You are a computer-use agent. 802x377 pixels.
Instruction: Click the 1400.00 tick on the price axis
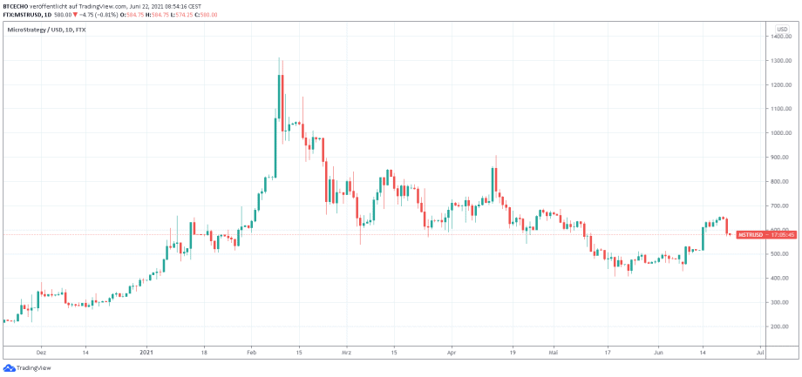(778, 37)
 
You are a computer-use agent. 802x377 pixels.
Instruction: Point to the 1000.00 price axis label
(778, 133)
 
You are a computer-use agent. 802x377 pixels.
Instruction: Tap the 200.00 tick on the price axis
(778, 326)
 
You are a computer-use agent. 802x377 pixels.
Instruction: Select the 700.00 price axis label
(778, 205)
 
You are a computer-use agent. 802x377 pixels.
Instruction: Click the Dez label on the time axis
(40, 354)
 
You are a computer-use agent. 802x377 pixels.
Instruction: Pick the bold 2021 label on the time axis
(146, 354)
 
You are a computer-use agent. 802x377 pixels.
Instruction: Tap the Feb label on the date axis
(251, 354)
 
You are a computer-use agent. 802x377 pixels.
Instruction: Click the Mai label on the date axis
(553, 354)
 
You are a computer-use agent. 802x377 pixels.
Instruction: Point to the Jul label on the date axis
(760, 354)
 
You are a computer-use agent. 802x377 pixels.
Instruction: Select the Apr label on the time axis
(452, 354)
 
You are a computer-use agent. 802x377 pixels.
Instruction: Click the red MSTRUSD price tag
(751, 235)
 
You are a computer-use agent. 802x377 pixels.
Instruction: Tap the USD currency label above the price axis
(782, 29)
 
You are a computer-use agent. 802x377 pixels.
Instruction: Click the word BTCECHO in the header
(19, 6)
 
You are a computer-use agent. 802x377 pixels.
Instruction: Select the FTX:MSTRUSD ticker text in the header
(25, 14)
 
